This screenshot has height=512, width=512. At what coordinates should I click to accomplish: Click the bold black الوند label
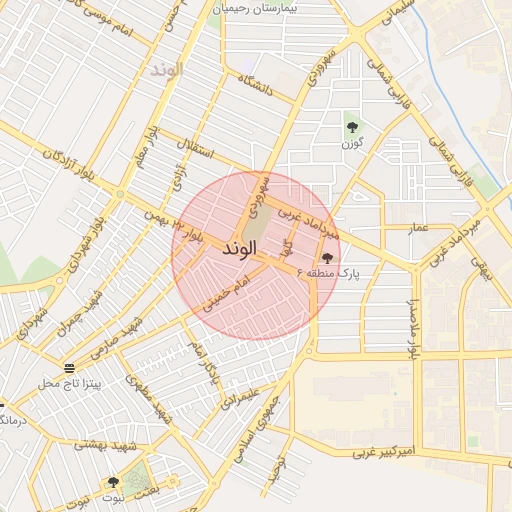pos(241,247)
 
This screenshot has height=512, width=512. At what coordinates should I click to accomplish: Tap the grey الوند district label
pos(166,70)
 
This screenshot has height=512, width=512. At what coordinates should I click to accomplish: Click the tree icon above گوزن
pos(351,125)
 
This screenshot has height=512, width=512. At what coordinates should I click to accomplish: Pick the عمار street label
pos(418,228)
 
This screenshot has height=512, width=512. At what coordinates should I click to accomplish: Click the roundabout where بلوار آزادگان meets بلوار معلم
pos(120,193)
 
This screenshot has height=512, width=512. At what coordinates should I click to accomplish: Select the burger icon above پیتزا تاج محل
pos(68,367)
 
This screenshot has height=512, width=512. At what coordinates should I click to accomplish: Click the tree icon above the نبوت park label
pos(113,482)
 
